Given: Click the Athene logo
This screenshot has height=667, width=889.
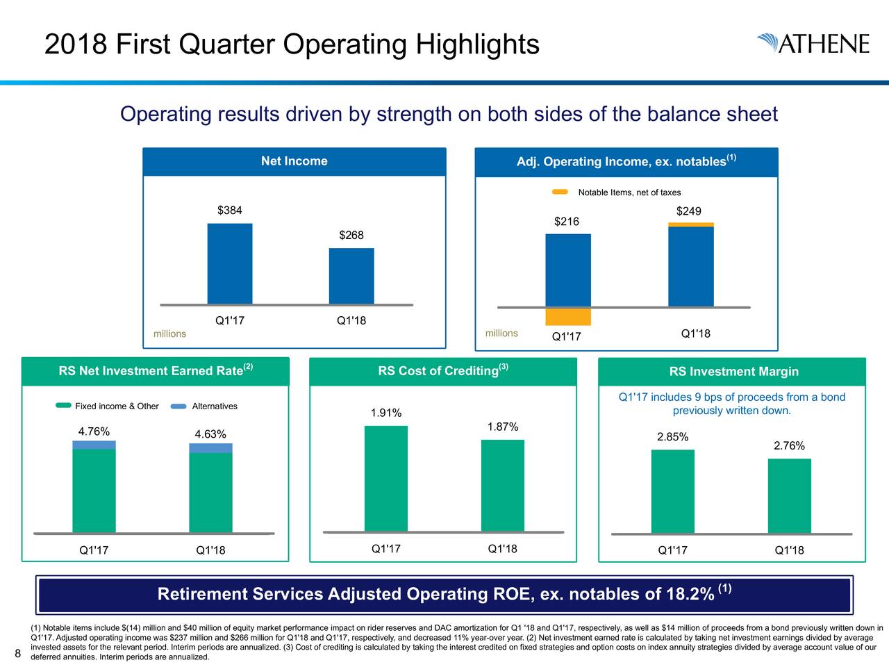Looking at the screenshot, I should point(813,43).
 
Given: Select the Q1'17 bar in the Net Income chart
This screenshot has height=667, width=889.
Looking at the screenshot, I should point(229,263).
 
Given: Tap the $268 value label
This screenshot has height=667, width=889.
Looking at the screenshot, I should point(351,236).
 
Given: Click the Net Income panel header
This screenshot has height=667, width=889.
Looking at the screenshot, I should point(294,161).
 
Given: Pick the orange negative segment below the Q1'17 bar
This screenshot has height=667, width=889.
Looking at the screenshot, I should point(567,317).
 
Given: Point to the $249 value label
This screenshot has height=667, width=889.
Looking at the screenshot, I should point(688,211).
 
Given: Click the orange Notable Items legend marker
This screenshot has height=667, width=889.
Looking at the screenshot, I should point(560,192).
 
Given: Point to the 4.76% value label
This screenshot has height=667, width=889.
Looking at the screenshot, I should point(94,431).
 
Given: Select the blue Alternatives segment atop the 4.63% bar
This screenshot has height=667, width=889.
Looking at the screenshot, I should point(210,448).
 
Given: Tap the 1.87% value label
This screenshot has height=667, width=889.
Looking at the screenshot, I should point(502,427).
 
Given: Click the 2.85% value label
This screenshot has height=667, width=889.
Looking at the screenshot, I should point(672,437).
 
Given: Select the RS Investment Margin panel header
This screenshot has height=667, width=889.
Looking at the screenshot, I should point(733,372).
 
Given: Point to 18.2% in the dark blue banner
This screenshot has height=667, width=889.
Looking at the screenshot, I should point(690,595).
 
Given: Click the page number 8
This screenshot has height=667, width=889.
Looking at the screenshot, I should point(18,652).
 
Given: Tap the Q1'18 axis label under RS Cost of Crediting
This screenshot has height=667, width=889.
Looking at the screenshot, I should point(502,549).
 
